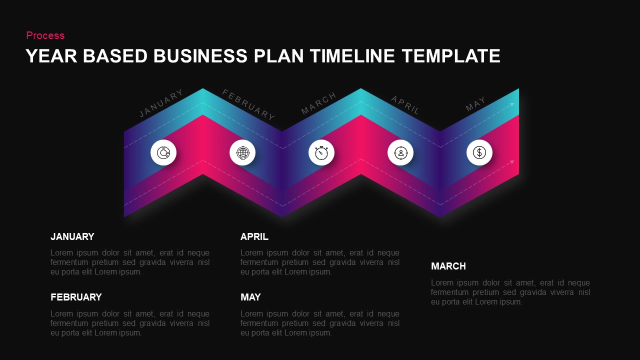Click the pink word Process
45,35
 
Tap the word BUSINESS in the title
200,56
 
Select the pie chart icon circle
163,152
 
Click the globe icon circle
242,152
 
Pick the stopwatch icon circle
321,152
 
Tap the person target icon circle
400,152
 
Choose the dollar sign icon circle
479,152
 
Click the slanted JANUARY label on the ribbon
161,103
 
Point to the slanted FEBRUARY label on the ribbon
248,104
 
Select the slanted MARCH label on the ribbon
319,103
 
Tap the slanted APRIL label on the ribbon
405,105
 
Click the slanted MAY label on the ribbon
475,104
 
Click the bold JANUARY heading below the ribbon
72,237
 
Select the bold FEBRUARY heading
76,297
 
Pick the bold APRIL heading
254,237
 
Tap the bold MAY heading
250,297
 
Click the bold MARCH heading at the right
448,266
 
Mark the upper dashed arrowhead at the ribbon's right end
512,104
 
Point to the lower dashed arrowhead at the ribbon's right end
512,162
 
